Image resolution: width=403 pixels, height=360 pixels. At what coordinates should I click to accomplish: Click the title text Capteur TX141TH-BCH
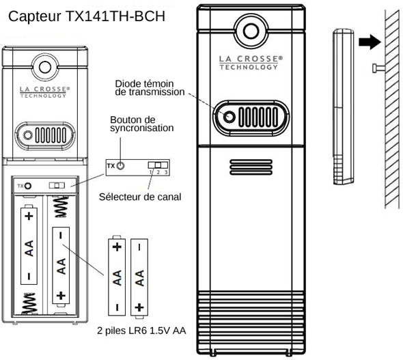(x=87, y=16)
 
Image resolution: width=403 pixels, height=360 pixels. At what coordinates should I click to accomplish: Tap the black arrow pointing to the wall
(x=370, y=42)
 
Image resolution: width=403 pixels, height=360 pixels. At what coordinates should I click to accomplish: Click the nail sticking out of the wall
(x=378, y=68)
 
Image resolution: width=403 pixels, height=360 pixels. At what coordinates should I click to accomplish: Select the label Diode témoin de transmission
(x=150, y=87)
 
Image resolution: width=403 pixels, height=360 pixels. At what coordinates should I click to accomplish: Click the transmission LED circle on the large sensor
(x=230, y=117)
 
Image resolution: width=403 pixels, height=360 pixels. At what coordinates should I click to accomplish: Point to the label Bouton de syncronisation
(x=141, y=124)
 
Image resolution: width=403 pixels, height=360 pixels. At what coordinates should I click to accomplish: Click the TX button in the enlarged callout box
(x=120, y=166)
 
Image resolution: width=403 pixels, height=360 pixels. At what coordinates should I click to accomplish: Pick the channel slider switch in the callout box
(x=158, y=165)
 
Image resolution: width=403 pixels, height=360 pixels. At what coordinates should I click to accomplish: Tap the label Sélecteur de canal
(x=140, y=197)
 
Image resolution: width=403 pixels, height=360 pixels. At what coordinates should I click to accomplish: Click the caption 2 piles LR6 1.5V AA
(x=141, y=331)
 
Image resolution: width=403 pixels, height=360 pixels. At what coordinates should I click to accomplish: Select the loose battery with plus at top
(x=117, y=276)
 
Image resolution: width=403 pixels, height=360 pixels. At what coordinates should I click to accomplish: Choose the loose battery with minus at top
(x=139, y=278)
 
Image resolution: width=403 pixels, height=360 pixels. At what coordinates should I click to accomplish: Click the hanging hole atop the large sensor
(x=251, y=31)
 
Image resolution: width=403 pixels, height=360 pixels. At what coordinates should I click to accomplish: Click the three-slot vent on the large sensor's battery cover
(x=251, y=167)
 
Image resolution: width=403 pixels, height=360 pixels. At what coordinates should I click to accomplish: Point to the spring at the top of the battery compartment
(x=61, y=207)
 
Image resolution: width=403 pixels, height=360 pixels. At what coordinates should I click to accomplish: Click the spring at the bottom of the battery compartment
(x=29, y=304)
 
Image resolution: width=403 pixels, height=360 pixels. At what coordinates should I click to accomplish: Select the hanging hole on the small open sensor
(x=45, y=68)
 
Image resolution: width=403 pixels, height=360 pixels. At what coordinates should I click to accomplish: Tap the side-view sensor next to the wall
(x=344, y=107)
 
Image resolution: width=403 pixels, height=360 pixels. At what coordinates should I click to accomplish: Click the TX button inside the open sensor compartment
(x=28, y=186)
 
